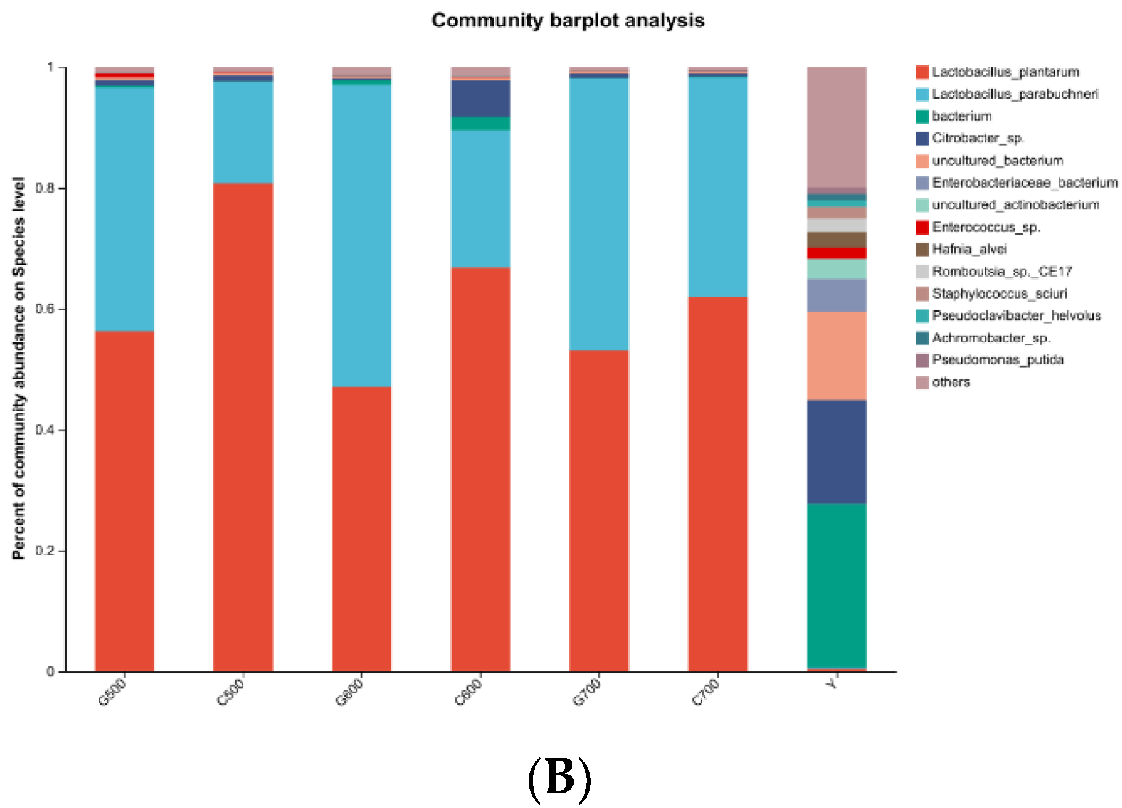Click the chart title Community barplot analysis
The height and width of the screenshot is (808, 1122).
pyautogui.click(x=567, y=20)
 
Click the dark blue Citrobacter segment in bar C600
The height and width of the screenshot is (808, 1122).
pyautogui.click(x=481, y=98)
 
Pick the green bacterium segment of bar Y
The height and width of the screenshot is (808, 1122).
pyautogui.click(x=836, y=585)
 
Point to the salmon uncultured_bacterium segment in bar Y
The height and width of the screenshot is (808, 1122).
pyautogui.click(x=836, y=355)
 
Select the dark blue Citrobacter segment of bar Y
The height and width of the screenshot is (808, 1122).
pyautogui.click(x=836, y=451)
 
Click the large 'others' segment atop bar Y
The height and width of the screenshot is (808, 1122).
pyautogui.click(x=836, y=126)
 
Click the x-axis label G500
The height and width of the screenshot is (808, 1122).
pyautogui.click(x=112, y=692)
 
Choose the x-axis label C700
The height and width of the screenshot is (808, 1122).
pyautogui.click(x=705, y=692)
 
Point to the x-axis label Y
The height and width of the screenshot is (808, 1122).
pyautogui.click(x=832, y=684)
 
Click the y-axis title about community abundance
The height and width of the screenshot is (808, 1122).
pyautogui.click(x=18, y=368)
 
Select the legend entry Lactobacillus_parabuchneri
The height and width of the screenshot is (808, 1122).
pyautogui.click(x=1014, y=94)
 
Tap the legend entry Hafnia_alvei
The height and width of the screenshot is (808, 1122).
pyautogui.click(x=969, y=249)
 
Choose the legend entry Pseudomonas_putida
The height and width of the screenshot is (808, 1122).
pyautogui.click(x=998, y=360)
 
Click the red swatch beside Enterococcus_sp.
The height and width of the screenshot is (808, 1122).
pyautogui.click(x=922, y=227)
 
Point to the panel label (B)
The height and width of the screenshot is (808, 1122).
pyautogui.click(x=559, y=778)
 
